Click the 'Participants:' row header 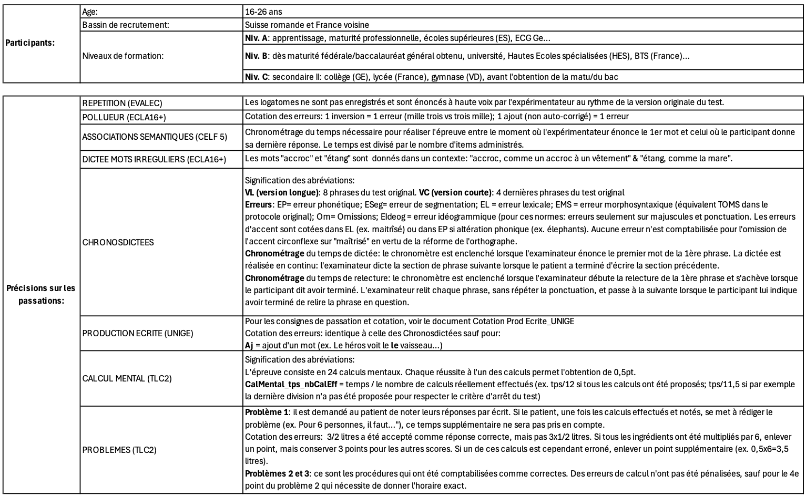point(29,43)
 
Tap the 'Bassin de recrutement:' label point(126,25)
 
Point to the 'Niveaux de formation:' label point(123,56)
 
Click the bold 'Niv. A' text point(257,38)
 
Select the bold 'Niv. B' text point(257,56)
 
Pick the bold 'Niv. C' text point(257,77)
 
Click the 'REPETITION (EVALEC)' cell point(119,103)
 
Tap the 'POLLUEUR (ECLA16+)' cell point(117,117)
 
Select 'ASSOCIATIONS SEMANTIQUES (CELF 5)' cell point(155,137)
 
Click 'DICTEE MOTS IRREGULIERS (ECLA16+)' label point(154,159)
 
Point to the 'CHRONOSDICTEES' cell point(118,242)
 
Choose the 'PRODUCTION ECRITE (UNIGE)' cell point(138,333)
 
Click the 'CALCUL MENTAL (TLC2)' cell point(127,378)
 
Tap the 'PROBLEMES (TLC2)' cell point(119,450)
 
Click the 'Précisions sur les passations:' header point(40,294)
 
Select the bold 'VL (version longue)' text point(282,192)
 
